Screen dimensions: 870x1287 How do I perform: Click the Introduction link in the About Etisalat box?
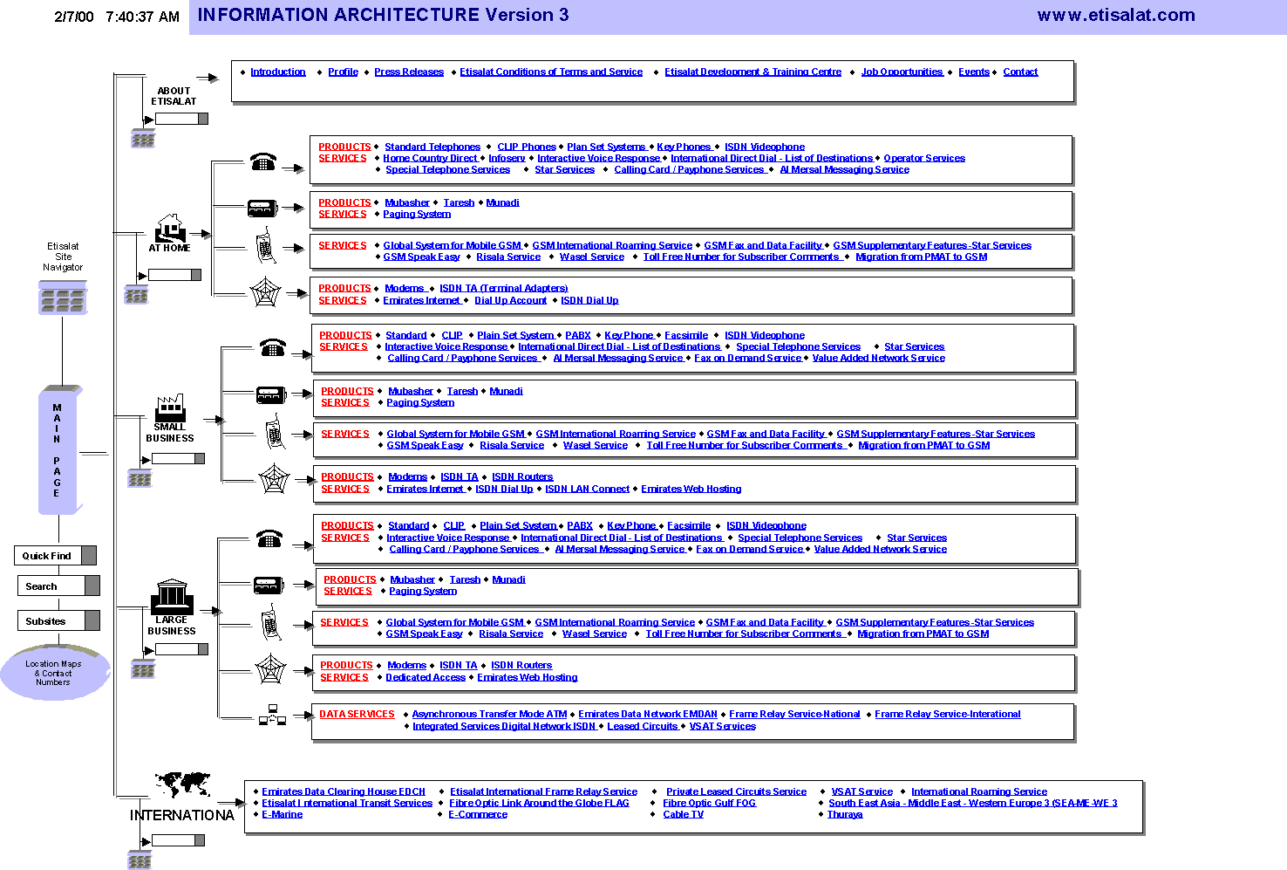point(277,72)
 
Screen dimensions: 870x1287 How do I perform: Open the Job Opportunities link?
point(902,72)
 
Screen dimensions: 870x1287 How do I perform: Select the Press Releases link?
point(409,72)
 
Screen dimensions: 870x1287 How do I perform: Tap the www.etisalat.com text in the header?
point(1115,15)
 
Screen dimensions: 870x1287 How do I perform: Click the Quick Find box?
point(48,556)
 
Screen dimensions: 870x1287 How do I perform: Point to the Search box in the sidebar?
point(51,586)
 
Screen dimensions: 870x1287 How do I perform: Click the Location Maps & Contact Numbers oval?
point(54,673)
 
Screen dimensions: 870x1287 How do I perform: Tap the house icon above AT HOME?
point(170,228)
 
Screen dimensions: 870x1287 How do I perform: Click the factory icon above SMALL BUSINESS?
point(170,408)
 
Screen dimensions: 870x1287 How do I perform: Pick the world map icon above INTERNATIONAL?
point(182,784)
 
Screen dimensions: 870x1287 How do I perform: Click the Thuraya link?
point(844,815)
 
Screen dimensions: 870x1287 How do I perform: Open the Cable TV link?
point(683,815)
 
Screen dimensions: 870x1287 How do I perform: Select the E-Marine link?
point(282,815)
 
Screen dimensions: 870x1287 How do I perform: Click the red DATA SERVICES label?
point(357,715)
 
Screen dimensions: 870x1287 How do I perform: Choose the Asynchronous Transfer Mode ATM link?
point(489,715)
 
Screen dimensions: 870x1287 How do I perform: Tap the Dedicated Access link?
point(426,678)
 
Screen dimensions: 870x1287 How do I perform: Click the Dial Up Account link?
point(510,301)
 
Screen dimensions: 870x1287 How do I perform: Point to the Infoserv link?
point(507,159)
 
